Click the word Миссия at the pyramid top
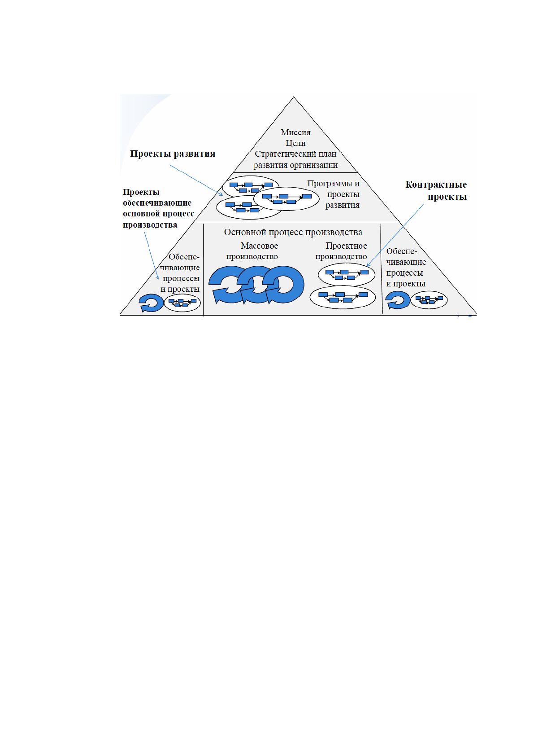coord(295,132)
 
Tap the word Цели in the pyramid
coord(295,143)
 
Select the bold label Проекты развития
coord(173,154)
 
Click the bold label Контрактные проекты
coord(436,190)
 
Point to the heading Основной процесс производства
coord(293,232)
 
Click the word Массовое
coord(259,246)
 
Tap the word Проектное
coord(346,246)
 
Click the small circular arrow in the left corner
coord(146,303)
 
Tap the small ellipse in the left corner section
coord(182,303)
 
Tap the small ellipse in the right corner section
coord(429,300)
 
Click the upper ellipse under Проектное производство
coord(347,274)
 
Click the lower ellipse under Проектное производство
coord(343,297)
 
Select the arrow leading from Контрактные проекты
coord(395,235)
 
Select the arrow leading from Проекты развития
coord(196,180)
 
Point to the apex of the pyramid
coord(294,97)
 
